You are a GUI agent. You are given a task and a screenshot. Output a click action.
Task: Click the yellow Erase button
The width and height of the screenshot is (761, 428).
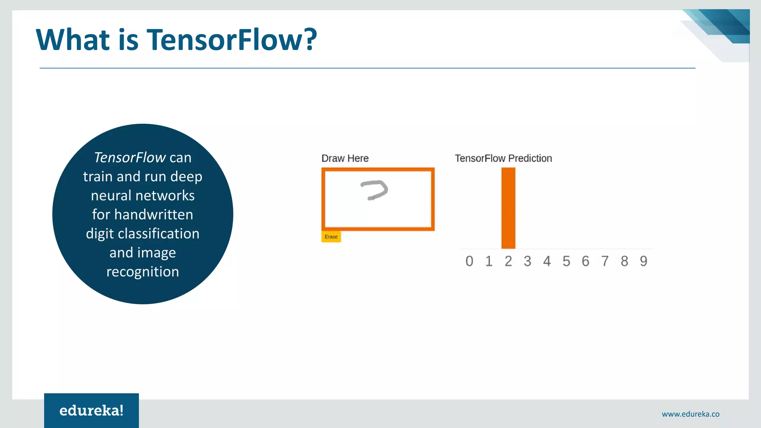tap(331, 237)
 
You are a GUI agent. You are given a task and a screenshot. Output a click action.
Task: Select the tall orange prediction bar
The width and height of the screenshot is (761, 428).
tap(508, 208)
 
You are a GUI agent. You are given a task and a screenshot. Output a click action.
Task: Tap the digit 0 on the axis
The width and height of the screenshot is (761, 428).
tap(469, 261)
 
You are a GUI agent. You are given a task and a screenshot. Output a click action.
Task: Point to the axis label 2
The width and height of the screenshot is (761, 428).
tap(508, 261)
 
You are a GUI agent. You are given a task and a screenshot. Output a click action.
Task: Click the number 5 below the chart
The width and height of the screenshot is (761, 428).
tap(566, 261)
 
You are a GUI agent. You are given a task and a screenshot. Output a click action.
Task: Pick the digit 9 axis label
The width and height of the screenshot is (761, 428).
tap(644, 261)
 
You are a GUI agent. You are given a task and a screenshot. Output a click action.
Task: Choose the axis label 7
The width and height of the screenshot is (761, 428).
tap(605, 261)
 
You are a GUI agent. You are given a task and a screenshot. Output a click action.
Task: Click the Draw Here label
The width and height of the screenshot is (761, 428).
tap(345, 158)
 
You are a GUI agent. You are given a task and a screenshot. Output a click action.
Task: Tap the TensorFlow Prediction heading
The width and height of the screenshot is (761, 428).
tap(503, 158)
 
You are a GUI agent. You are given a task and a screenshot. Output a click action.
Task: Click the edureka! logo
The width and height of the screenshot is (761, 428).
tap(91, 411)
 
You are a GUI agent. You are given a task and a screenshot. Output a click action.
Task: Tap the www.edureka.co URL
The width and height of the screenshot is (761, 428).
tap(690, 414)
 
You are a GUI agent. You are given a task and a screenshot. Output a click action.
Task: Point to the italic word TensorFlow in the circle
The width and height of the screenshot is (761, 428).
tap(129, 158)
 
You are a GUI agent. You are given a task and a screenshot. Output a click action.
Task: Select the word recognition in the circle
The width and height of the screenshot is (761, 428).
tap(143, 272)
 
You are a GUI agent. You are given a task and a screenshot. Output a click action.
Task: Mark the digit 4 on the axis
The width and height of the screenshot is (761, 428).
tap(547, 261)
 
